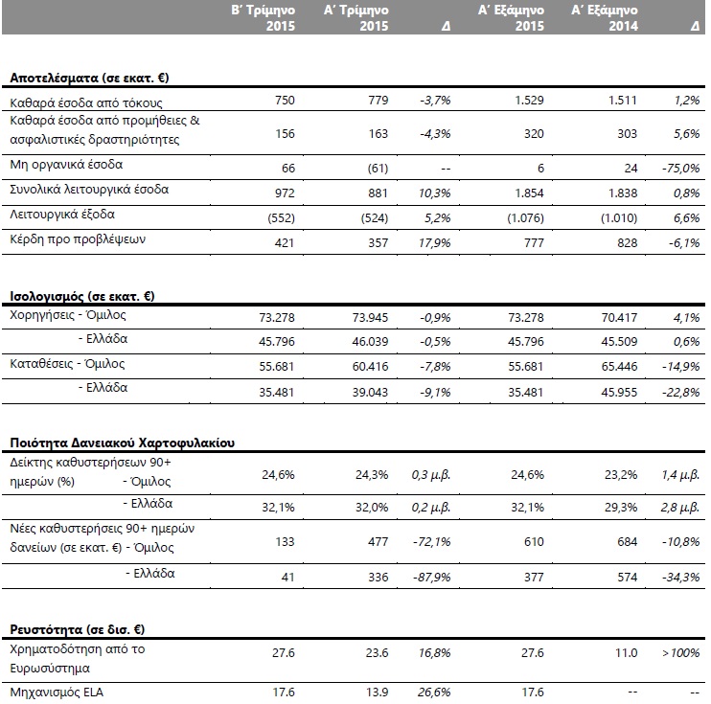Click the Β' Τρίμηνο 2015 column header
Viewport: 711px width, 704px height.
point(263,17)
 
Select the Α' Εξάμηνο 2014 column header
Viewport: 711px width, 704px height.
point(605,17)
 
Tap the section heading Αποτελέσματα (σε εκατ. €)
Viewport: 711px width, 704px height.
point(89,78)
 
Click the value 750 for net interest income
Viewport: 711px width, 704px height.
point(285,100)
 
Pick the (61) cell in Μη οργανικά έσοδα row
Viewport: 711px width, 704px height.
point(378,169)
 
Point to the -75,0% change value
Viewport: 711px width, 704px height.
point(681,169)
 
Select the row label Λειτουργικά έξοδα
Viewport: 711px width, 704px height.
point(62,214)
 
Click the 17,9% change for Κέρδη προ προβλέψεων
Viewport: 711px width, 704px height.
point(434,242)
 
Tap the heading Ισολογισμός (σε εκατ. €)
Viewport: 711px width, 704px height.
point(82,297)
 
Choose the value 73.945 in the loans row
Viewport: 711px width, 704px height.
point(370,317)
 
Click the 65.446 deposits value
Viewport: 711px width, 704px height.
point(619,366)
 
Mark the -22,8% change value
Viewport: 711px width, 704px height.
point(681,392)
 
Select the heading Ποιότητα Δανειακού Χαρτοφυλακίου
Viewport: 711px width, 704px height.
point(123,443)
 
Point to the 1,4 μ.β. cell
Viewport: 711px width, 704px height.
point(680,475)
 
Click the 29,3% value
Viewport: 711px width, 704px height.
point(621,507)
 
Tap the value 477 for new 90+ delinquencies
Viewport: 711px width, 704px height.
point(378,542)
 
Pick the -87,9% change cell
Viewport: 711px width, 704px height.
point(431,577)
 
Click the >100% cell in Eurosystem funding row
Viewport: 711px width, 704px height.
point(681,653)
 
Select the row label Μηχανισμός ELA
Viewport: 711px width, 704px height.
point(57,693)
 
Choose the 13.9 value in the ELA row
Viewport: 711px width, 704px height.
point(377,693)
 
